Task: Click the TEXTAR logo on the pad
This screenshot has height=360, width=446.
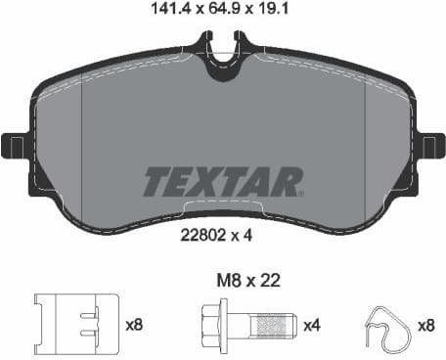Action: coord(222,182)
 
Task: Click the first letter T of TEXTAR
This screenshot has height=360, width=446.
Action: coord(159,182)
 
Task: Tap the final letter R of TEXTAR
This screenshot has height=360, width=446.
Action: coord(286,182)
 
